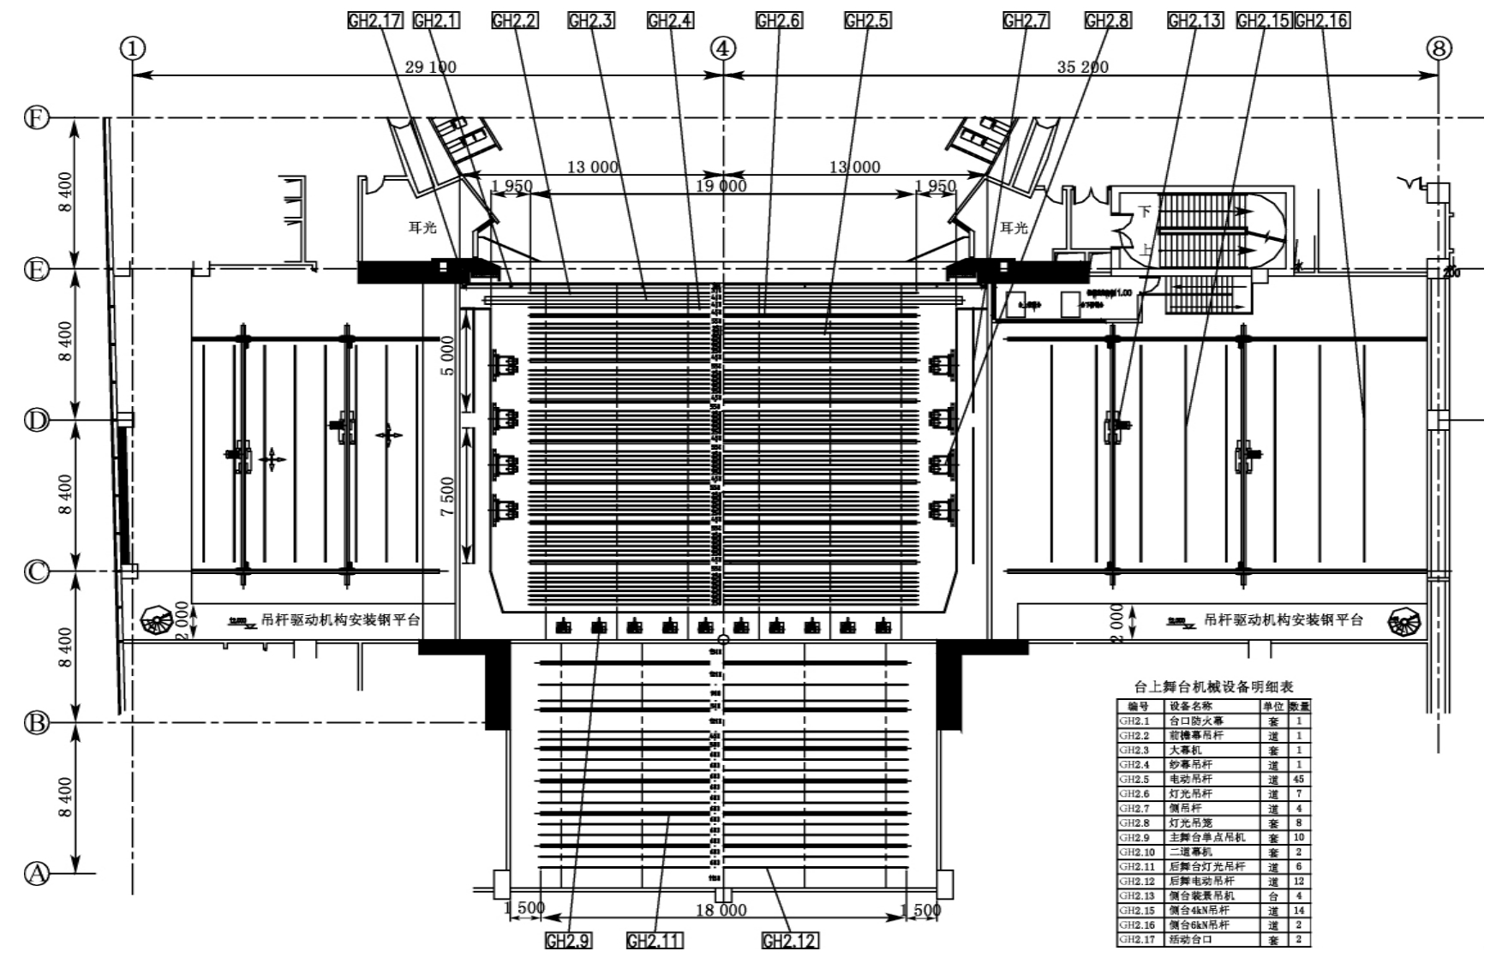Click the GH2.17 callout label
coord(374,21)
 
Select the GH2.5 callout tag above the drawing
coord(867,21)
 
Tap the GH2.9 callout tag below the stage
coord(568,941)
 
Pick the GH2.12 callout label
coord(789,941)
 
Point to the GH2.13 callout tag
coord(1194,21)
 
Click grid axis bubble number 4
coord(723,49)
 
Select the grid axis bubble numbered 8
coord(1439,49)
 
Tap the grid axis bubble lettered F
coord(36,117)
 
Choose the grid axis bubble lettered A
coord(36,874)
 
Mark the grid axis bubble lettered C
coord(36,571)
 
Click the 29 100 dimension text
coord(430,67)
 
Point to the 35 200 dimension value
coord(1083,67)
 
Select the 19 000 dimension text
coord(721,186)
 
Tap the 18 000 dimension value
coord(721,910)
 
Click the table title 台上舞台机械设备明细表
coord(1213,687)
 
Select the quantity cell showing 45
coord(1299,779)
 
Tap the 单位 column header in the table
coord(1272,707)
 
